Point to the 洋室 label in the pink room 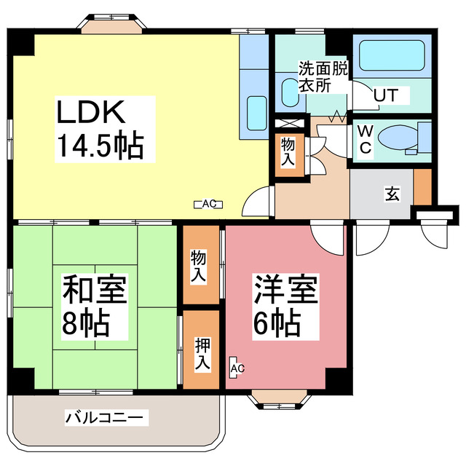tap(285, 289)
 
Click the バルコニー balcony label tap(106, 418)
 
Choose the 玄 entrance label tap(392, 194)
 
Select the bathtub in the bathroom tap(392, 55)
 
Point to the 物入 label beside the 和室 tap(197, 266)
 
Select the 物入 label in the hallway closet tap(288, 150)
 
